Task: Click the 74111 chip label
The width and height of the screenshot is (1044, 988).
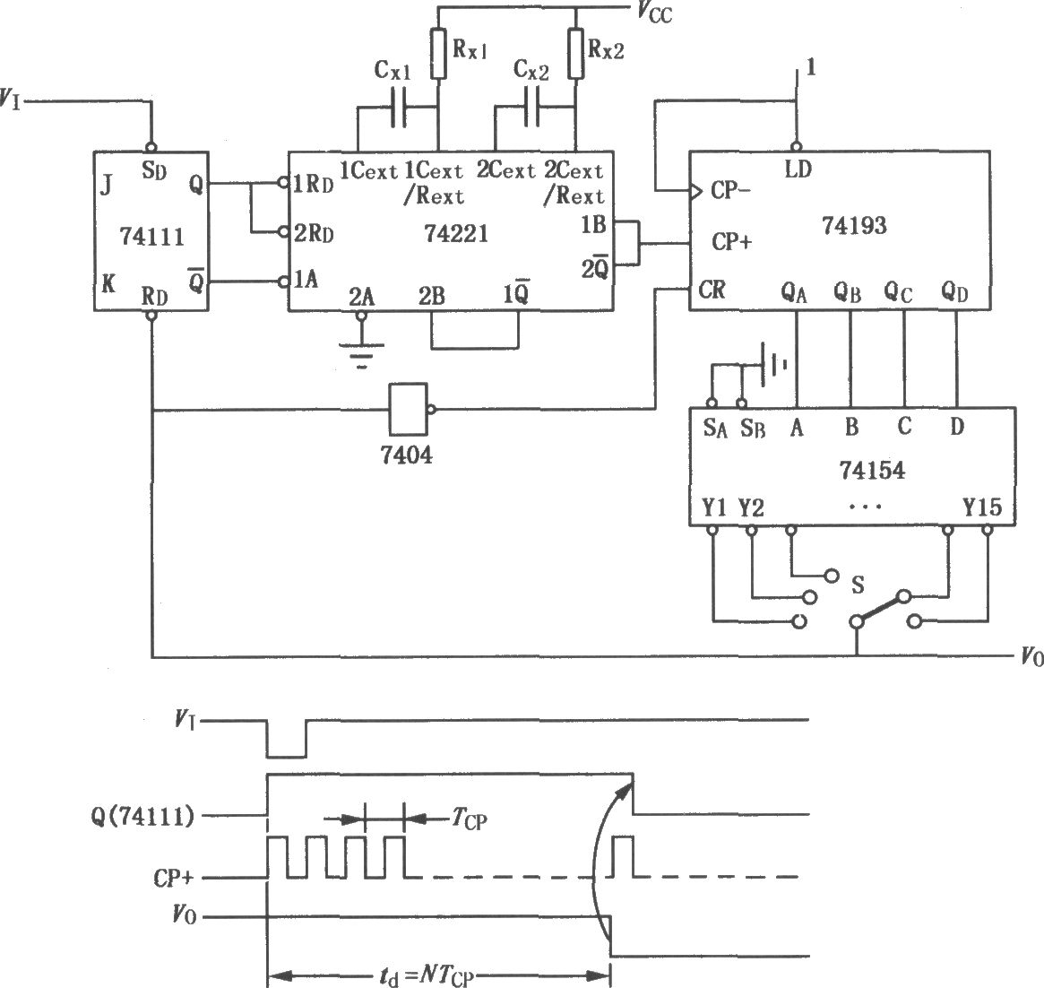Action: (x=151, y=237)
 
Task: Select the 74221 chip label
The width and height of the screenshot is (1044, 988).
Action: (x=456, y=233)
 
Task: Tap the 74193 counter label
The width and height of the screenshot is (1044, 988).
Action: (x=854, y=225)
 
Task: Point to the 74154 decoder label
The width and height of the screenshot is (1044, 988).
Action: (x=872, y=471)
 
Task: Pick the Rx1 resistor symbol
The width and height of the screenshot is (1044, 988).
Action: (x=438, y=54)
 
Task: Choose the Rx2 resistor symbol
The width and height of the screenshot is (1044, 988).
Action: (x=576, y=54)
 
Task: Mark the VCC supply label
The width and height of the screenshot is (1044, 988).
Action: (x=654, y=12)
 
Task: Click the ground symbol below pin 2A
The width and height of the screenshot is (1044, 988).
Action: (x=361, y=355)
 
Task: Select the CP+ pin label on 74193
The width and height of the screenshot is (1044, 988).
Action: (x=732, y=241)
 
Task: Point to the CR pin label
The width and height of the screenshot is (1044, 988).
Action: (x=712, y=290)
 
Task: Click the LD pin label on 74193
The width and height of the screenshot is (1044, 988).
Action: (x=798, y=169)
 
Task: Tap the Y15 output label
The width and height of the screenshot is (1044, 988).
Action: (x=982, y=507)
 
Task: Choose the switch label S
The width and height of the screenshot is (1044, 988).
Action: (x=858, y=585)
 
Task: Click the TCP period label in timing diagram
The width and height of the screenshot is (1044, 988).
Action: (x=470, y=819)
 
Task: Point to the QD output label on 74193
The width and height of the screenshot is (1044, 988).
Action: (x=954, y=291)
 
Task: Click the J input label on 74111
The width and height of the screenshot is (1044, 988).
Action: (x=106, y=186)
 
